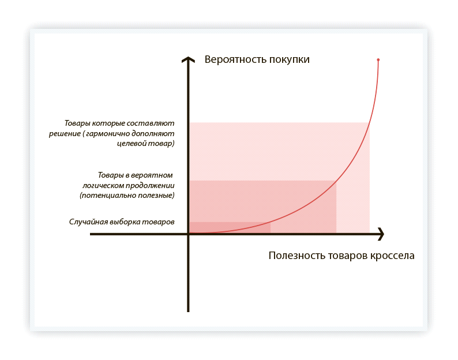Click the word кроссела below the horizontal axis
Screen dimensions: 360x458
point(392,256)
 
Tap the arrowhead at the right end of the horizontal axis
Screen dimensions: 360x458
point(381,234)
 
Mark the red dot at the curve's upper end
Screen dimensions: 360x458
point(378,59)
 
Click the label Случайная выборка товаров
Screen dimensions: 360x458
point(122,222)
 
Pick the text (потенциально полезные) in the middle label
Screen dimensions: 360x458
point(127,196)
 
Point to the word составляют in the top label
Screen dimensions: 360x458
point(154,123)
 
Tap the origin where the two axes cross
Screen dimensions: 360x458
point(188,234)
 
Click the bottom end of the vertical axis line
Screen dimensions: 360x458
point(188,310)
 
